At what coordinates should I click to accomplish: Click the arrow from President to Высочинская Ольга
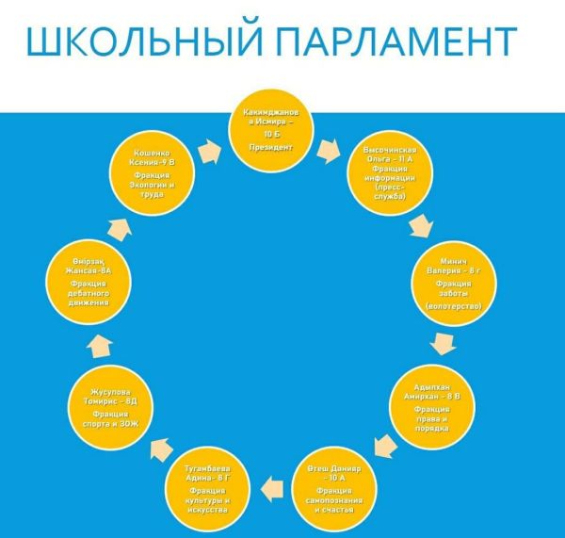[329, 148]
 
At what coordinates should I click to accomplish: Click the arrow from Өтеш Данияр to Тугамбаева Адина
[270, 485]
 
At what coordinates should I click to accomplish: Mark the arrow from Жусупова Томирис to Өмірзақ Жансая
[97, 348]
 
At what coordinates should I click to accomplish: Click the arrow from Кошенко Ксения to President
[209, 148]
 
